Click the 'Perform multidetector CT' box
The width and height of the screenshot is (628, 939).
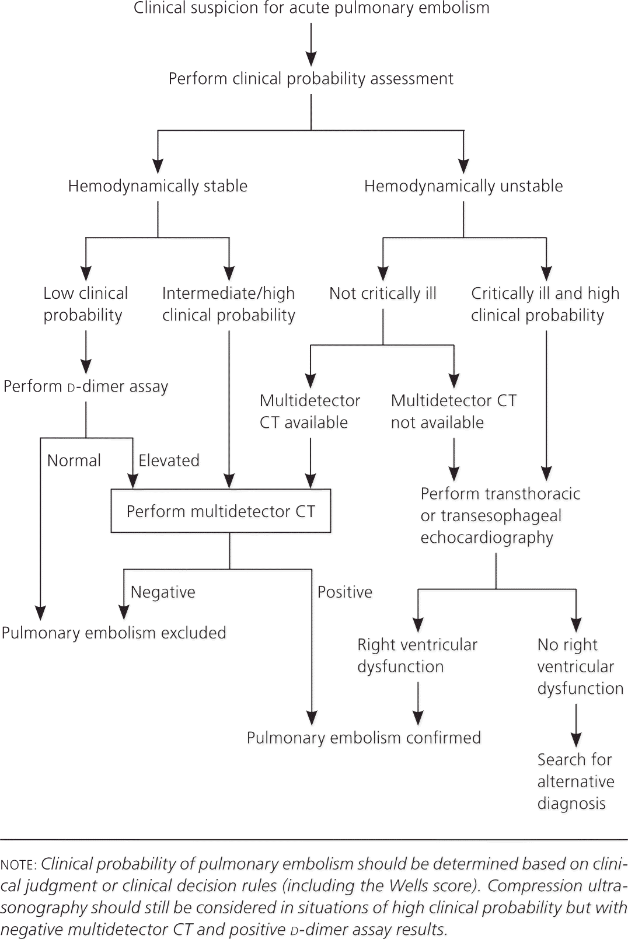click(221, 511)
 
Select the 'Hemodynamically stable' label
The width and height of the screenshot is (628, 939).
click(158, 186)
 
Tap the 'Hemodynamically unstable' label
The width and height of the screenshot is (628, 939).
click(463, 186)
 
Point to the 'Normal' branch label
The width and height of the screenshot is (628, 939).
click(74, 460)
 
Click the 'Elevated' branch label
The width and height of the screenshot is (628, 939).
click(169, 460)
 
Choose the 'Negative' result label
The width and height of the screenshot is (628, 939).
click(163, 592)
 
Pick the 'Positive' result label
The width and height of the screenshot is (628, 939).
click(344, 592)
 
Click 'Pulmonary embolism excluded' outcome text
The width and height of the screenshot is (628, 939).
click(114, 633)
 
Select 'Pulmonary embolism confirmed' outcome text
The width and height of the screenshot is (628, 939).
click(364, 738)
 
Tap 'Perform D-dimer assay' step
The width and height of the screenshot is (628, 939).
click(86, 386)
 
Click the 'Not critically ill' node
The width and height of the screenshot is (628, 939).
click(383, 293)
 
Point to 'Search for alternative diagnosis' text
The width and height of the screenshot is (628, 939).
click(575, 781)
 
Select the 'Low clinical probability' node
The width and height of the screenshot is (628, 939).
click(85, 304)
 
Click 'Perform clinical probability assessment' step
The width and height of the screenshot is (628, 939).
click(311, 79)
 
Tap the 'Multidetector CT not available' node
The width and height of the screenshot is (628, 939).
click(453, 411)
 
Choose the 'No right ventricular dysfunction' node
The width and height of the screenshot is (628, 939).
click(580, 666)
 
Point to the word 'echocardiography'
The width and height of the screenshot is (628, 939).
click(487, 537)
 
